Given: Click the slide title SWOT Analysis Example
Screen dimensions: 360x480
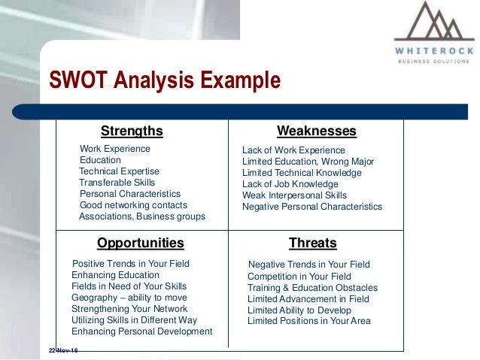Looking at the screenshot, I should (x=164, y=80).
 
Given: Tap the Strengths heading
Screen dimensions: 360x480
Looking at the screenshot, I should (x=132, y=132).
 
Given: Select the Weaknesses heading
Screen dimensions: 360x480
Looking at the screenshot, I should (x=316, y=132).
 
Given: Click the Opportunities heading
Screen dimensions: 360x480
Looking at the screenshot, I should (x=140, y=243).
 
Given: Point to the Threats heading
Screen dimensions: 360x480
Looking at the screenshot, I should (x=312, y=243).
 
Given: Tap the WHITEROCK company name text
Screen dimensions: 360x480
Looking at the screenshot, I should (x=434, y=51).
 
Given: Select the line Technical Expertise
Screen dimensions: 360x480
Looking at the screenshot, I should (x=119, y=171).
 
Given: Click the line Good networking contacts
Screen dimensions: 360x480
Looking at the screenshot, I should (x=133, y=205).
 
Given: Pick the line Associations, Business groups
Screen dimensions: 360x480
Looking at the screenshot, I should (x=142, y=216).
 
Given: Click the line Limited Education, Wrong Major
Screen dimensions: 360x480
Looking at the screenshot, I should (x=308, y=162).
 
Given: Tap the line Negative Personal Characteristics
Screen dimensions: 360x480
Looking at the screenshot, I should (x=311, y=207).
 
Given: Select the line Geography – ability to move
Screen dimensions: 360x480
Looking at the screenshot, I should (x=129, y=298).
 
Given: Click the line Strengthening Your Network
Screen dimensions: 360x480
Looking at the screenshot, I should (x=129, y=309).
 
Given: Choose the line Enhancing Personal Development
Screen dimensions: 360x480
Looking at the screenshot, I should (x=141, y=331).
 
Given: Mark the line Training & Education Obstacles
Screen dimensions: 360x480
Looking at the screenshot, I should (x=312, y=288).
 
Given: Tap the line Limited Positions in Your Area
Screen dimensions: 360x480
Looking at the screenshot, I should (x=308, y=321).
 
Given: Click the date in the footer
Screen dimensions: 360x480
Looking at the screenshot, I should (x=63, y=351).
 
